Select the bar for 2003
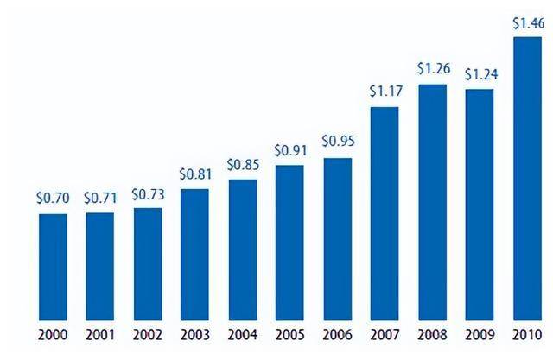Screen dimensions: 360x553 (194, 254)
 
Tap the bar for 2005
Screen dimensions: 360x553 (289, 242)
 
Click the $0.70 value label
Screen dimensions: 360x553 (53, 198)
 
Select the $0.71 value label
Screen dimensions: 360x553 (100, 198)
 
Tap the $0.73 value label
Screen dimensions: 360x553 (148, 193)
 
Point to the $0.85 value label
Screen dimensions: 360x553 (243, 164)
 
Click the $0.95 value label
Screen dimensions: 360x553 (338, 142)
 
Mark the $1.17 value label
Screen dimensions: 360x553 (385, 91)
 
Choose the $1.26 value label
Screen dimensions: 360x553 (432, 68)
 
